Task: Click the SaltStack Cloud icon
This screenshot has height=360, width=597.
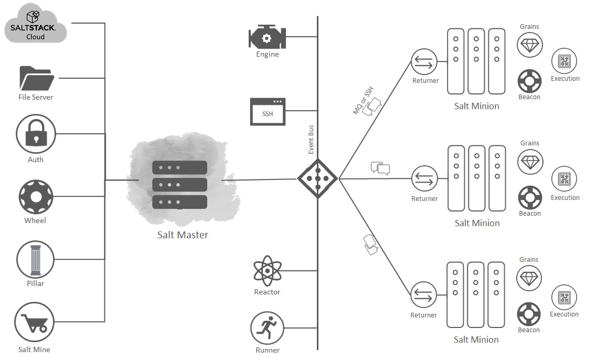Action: coord(36,24)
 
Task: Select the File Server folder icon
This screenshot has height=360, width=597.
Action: coord(36,79)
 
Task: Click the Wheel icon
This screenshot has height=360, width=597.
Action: coord(36,197)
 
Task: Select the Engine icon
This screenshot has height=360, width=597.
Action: coord(266,37)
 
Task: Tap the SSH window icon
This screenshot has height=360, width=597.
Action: coord(268,112)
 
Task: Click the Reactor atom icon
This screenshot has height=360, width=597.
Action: coord(268,272)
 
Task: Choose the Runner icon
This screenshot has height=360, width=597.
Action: coord(267,329)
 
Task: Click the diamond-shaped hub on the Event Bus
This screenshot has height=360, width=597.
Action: coord(317,178)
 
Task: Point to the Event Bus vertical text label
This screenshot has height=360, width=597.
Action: coord(311,139)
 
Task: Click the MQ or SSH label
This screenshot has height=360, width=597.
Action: coord(363,99)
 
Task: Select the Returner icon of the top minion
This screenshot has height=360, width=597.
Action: coord(424,62)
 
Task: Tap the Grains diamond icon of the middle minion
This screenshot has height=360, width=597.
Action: coord(529,162)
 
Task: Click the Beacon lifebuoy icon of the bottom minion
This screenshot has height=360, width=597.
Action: coord(529,315)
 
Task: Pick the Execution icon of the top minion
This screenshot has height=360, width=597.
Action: coord(564,61)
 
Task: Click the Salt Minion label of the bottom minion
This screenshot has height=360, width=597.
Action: coord(476,340)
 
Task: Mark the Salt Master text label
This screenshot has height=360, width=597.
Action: coord(183,235)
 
